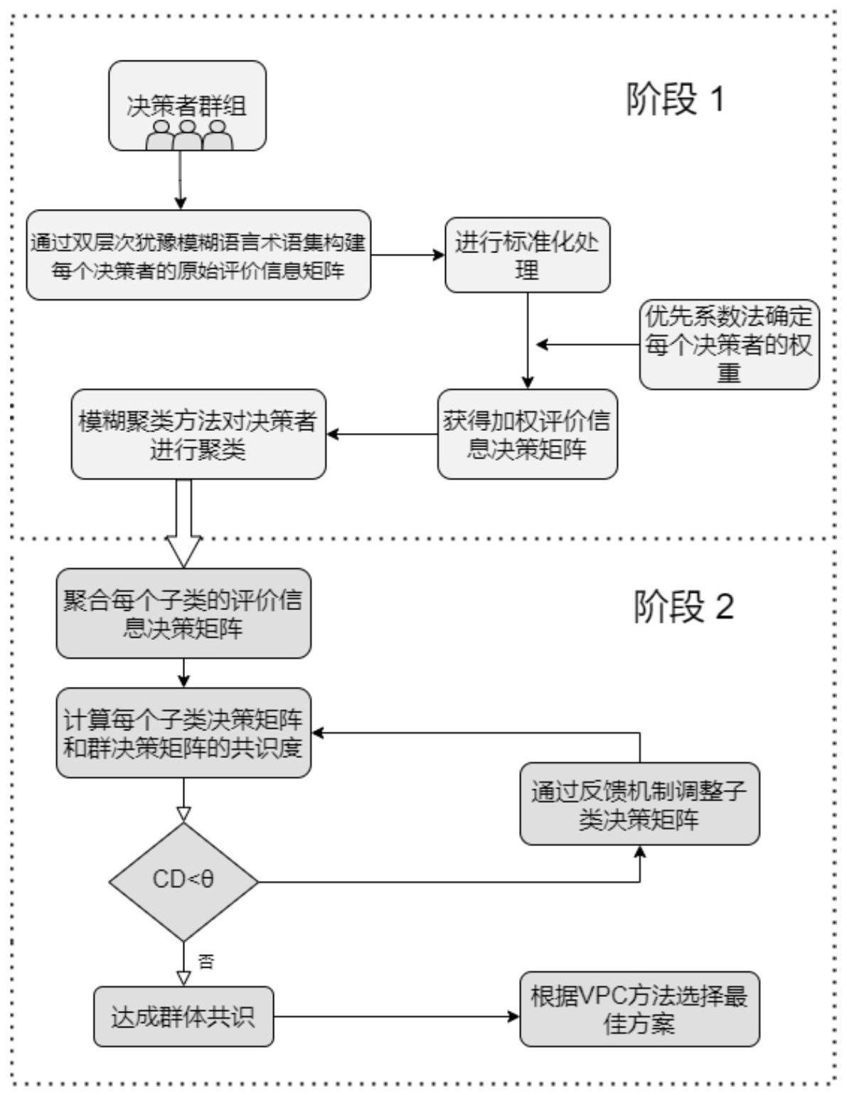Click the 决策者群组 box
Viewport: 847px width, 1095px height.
click(187, 105)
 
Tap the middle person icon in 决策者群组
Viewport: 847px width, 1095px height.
click(187, 135)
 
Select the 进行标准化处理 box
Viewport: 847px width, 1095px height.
click(527, 255)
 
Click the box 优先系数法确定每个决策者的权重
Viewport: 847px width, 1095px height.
click(729, 344)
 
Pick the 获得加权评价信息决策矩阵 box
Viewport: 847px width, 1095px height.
click(527, 434)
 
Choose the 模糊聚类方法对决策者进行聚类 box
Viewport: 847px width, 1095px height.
click(198, 434)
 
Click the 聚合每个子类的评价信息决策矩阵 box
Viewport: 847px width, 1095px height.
click(183, 613)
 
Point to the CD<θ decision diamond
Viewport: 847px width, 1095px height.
click(183, 881)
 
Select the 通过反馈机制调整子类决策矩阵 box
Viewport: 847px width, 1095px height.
click(639, 804)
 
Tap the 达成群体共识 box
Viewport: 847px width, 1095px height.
click(183, 1016)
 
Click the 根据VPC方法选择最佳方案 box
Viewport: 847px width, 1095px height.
click(639, 1009)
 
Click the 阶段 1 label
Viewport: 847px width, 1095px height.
click(675, 100)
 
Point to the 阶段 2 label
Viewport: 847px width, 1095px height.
click(683, 608)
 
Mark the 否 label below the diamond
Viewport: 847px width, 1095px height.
click(206, 962)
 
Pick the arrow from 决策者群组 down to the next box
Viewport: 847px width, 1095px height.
click(181, 180)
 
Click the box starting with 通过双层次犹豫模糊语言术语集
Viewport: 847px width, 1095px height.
click(198, 255)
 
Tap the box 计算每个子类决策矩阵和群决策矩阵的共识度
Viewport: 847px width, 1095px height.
click(183, 732)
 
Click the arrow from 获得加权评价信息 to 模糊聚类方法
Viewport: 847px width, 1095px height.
click(382, 434)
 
